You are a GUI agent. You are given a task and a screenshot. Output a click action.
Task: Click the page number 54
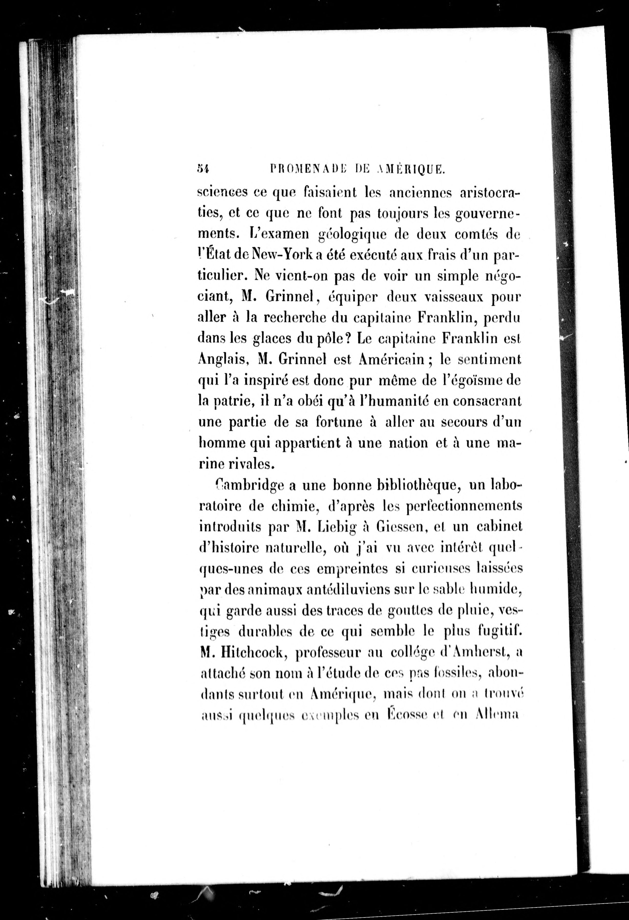203,169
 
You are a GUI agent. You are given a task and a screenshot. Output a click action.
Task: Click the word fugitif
499,632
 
